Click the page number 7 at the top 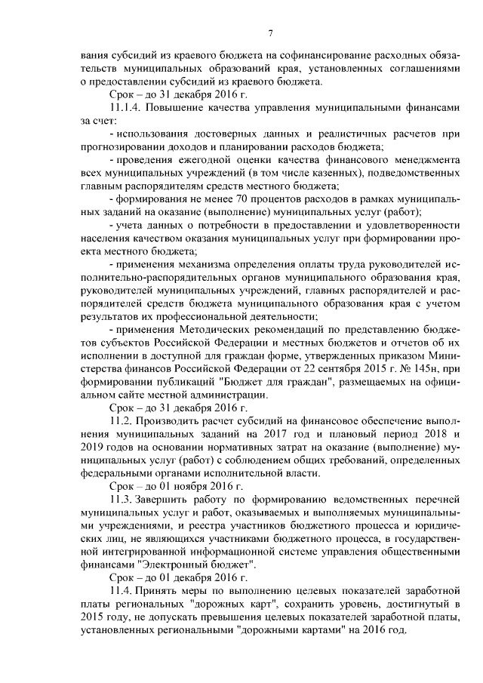270,31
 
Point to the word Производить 173,420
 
